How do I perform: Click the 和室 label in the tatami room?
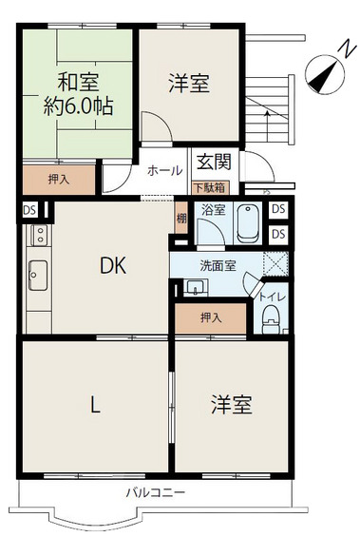click(x=78, y=82)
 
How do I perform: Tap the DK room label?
click(x=113, y=265)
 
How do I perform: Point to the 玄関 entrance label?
click(x=215, y=162)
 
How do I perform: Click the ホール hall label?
click(x=165, y=170)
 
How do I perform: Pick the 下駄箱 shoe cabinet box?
click(x=210, y=187)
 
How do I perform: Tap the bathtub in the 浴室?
click(x=248, y=223)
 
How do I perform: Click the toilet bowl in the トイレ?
click(x=272, y=319)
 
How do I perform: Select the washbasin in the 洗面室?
click(x=196, y=287)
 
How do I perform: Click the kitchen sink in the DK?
click(x=38, y=275)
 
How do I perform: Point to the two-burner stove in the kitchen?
click(x=41, y=235)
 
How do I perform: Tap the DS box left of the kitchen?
click(x=29, y=210)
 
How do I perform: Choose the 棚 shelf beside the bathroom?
click(x=181, y=218)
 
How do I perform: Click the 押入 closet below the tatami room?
click(x=59, y=180)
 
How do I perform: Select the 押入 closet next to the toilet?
click(x=211, y=317)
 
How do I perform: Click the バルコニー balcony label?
click(x=156, y=493)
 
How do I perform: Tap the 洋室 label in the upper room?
click(x=189, y=84)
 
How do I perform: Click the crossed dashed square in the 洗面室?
click(x=275, y=263)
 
